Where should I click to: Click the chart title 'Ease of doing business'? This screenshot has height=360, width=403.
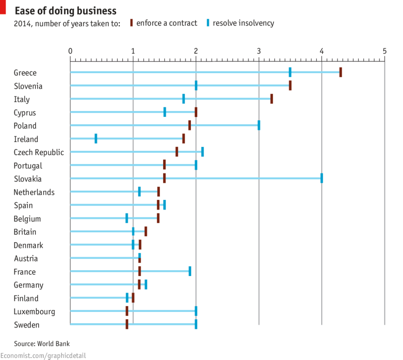65,11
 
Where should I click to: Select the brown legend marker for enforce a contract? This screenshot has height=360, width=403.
132,23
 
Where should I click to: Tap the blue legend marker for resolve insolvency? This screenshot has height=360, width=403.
208,23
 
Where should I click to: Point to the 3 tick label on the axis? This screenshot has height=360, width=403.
259,51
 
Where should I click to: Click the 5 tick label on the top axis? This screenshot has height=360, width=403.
385,51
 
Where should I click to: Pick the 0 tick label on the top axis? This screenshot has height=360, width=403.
70,51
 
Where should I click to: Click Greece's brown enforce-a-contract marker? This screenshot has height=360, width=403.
341,72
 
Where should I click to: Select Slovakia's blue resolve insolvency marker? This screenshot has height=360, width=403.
322,178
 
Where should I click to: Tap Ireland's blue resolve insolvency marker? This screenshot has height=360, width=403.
96,138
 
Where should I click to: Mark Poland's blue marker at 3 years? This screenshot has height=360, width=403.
259,125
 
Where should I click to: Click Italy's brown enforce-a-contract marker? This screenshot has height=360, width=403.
271,99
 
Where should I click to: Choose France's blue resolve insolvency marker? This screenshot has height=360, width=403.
190,271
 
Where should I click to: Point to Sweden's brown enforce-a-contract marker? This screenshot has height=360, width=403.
127,324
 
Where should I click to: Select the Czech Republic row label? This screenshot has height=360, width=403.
39,152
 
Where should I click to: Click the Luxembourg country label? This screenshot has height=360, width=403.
34,312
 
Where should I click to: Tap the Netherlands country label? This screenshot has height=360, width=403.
34,192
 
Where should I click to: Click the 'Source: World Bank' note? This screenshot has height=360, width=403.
42,344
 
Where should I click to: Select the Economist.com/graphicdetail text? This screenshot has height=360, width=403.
43,356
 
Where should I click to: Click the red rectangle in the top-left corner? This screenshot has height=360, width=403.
3,7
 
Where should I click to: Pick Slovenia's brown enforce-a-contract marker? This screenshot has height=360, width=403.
290,85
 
